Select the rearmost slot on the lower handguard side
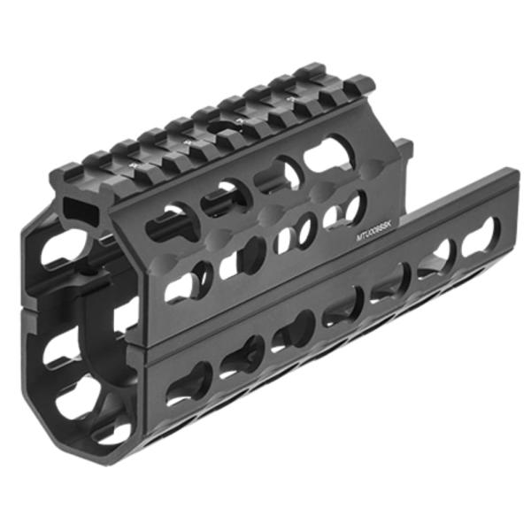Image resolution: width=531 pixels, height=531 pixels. (x=478, y=233)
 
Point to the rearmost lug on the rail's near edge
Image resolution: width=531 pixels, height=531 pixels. (x=358, y=88)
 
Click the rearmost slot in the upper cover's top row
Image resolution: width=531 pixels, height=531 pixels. (x=328, y=155)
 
